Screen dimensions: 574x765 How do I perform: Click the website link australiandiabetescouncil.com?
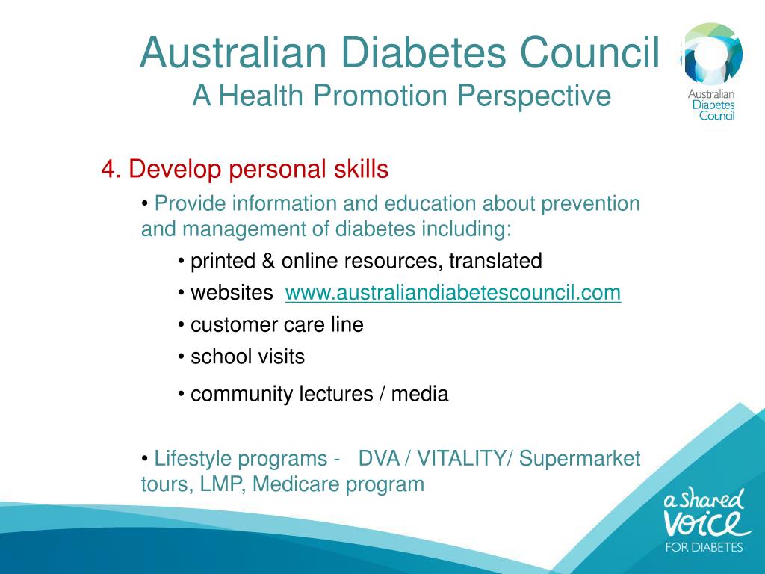pyautogui.click(x=453, y=293)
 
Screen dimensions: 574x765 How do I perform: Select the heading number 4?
pyautogui.click(x=110, y=170)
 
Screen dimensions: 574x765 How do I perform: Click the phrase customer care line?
pyautogui.click(x=276, y=325)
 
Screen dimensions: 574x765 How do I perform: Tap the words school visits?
pyautogui.click(x=247, y=357)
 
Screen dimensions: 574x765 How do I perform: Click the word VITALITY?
pyautogui.click(x=461, y=458)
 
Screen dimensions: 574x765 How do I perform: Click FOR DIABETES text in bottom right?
pyautogui.click(x=704, y=547)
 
